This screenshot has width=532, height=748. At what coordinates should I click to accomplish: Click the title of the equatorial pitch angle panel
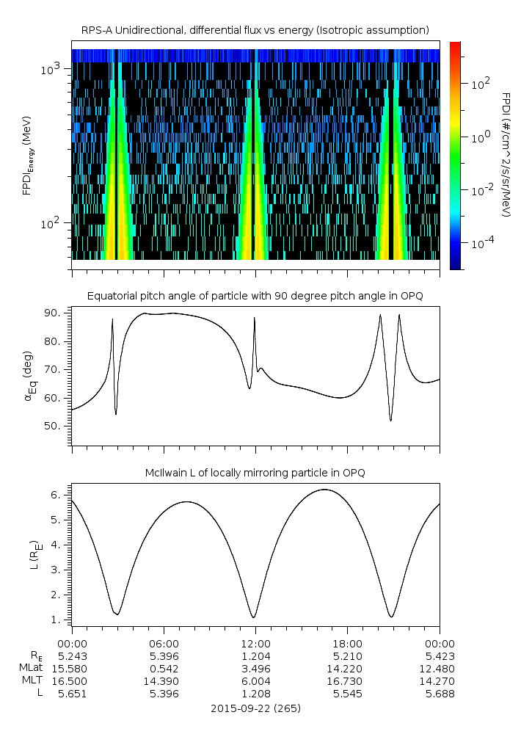[255, 296]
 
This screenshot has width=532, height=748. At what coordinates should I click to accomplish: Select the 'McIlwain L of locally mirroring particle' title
[255, 473]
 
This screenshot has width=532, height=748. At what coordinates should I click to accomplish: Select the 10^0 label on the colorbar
[480, 137]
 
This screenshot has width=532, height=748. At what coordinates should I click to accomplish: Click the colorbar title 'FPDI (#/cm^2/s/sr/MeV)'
[506, 155]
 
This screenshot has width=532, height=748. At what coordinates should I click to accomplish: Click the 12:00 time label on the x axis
[255, 643]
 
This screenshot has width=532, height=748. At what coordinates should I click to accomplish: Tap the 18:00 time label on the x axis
[347, 643]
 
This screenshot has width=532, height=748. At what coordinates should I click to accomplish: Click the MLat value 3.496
[255, 669]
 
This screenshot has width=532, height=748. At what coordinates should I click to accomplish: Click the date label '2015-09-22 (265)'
[255, 708]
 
